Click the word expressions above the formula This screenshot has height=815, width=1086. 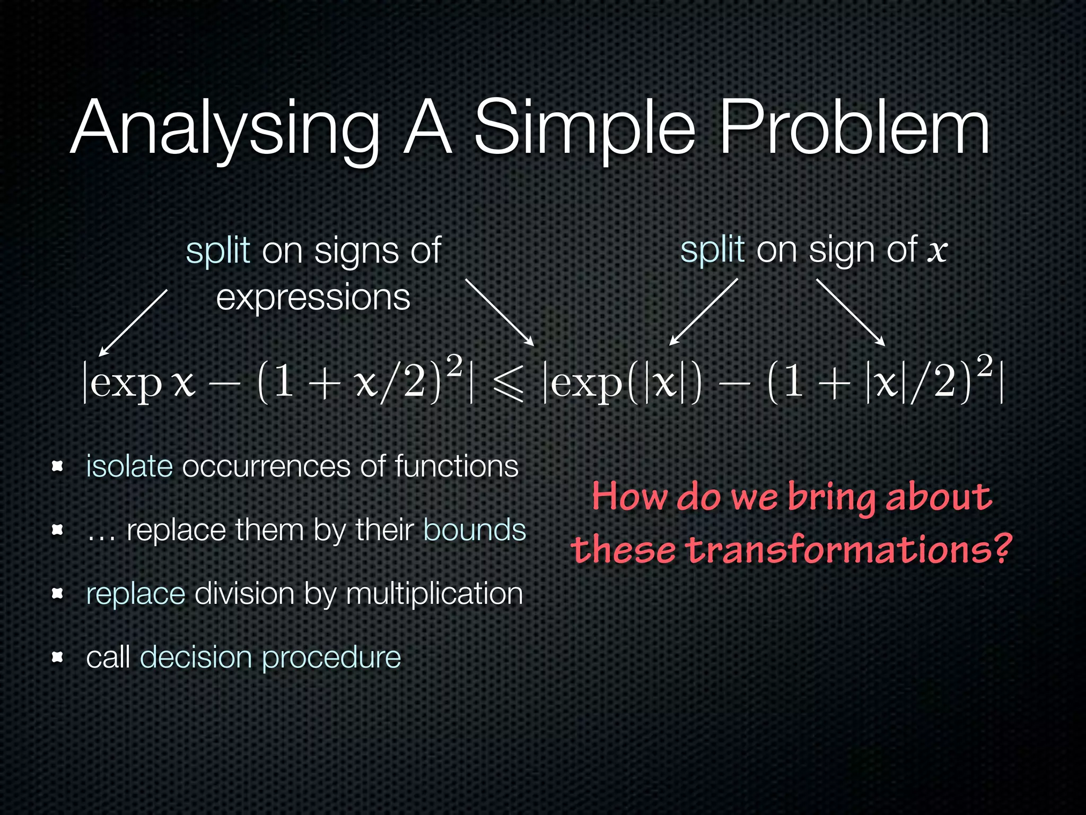(313, 297)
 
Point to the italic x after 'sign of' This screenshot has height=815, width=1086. (937, 250)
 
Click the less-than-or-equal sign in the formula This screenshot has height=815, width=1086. (508, 383)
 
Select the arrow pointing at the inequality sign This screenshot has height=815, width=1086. (499, 313)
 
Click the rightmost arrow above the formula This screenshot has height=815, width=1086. (850, 313)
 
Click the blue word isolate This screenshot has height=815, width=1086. (129, 466)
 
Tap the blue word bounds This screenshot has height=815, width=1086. (475, 530)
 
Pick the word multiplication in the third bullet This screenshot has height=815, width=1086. (434, 593)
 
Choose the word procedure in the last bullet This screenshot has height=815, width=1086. (331, 657)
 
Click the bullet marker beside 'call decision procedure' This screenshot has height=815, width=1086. (57, 657)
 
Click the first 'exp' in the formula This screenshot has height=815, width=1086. (126, 383)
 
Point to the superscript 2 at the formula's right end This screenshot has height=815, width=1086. (984, 366)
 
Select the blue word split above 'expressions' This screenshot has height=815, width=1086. (217, 250)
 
